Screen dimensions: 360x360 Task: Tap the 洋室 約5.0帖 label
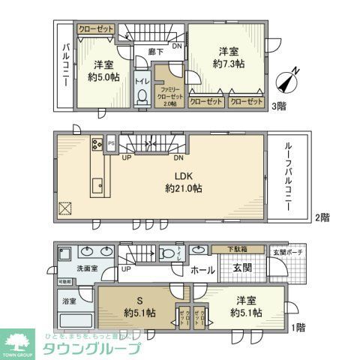[103, 70]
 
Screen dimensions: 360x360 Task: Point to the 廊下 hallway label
[156, 52]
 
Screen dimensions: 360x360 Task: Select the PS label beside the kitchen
[111, 142]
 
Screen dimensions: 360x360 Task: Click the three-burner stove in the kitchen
[97, 144]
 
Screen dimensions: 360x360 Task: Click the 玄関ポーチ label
[288, 252]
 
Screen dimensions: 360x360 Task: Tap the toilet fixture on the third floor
[141, 95]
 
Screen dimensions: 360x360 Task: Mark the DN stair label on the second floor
[179, 158]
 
